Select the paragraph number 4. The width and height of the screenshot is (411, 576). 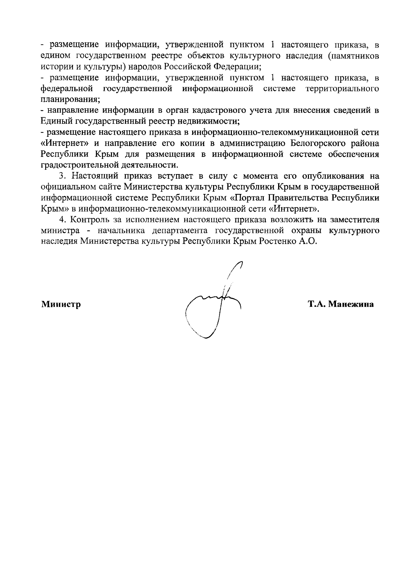click(62, 219)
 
